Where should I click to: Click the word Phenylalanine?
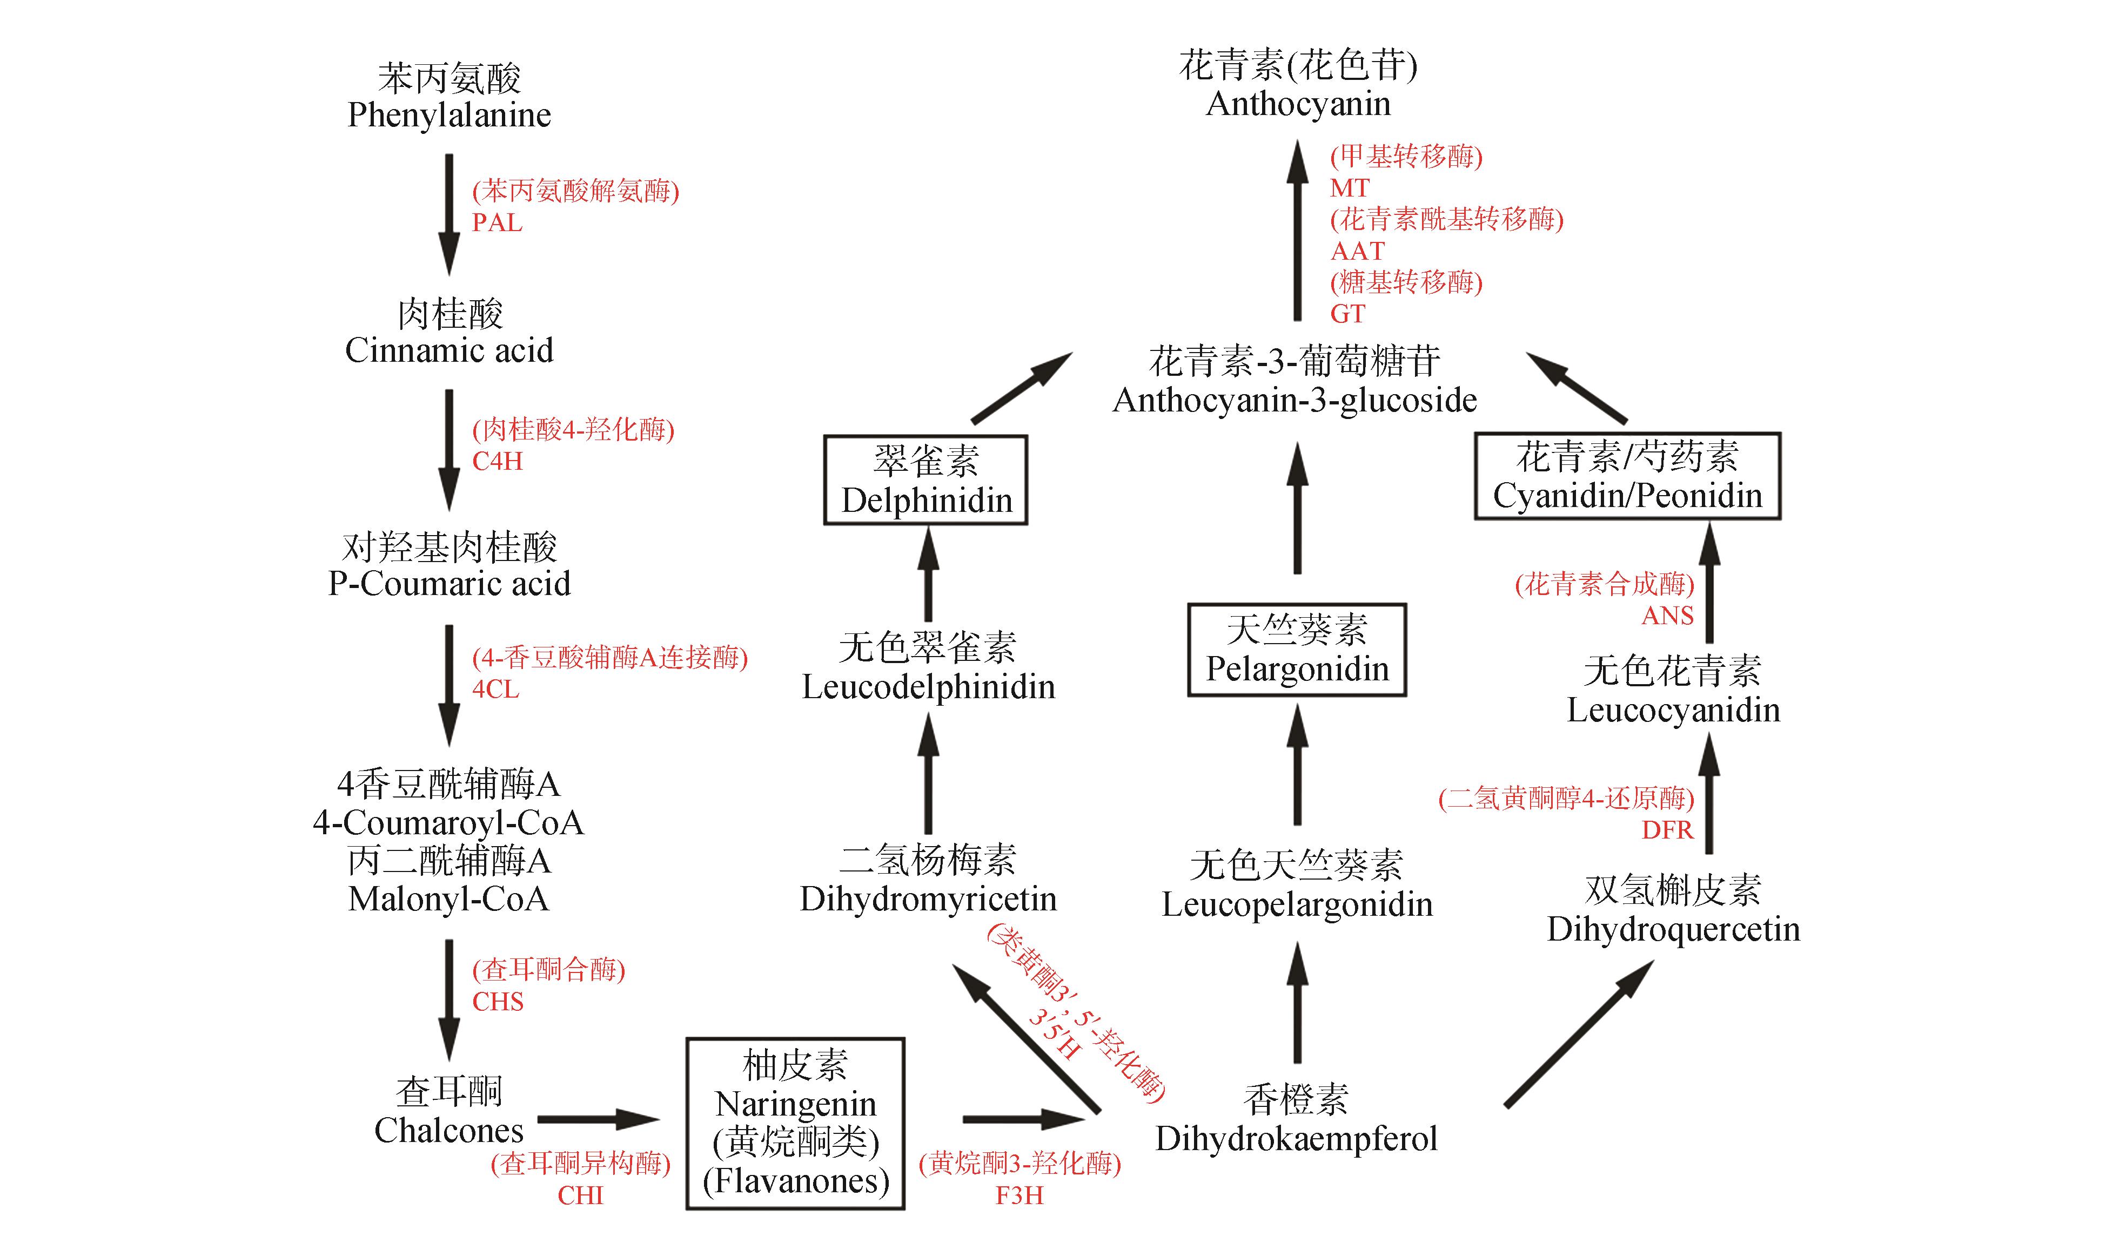pyautogui.click(x=449, y=114)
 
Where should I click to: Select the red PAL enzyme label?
pyautogui.click(x=497, y=222)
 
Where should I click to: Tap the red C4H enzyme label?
pyautogui.click(x=497, y=461)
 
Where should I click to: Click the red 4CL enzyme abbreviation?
pyautogui.click(x=495, y=689)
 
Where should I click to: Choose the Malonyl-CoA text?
pyautogui.click(x=448, y=898)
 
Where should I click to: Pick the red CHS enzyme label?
pyautogui.click(x=497, y=1002)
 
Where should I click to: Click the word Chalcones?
pyautogui.click(x=448, y=1130)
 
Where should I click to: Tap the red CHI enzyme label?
pyautogui.click(x=581, y=1195)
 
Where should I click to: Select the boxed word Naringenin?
pyautogui.click(x=795, y=1104)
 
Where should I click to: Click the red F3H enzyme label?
pyautogui.click(x=1019, y=1195)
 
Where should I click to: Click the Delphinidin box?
pyautogui.click(x=925, y=480)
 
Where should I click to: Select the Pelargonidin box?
pyautogui.click(x=1297, y=650)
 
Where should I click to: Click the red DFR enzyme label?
pyautogui.click(x=1667, y=830)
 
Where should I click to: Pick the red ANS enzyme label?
pyautogui.click(x=1667, y=616)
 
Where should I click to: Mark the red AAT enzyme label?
pyautogui.click(x=1357, y=251)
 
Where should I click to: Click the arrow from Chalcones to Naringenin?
pyautogui.click(x=598, y=1119)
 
